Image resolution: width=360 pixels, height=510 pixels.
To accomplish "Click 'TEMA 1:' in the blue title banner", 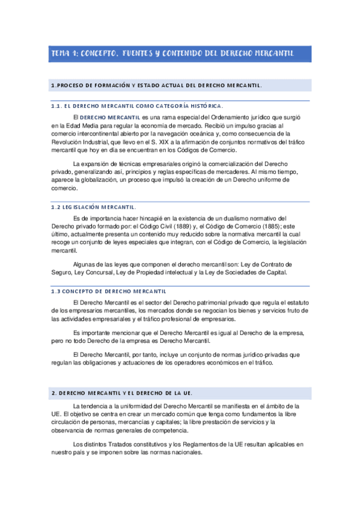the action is pyautogui.click(x=64, y=54).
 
